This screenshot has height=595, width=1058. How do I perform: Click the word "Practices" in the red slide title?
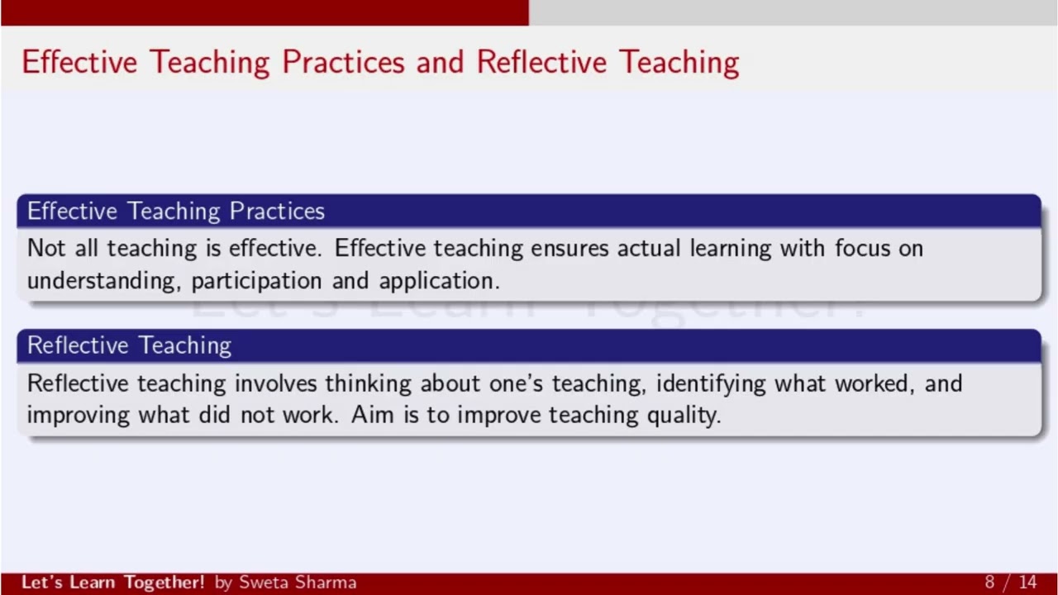coord(344,62)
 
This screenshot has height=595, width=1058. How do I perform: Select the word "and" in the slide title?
coord(440,62)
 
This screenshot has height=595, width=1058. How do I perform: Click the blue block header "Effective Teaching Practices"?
coord(175,212)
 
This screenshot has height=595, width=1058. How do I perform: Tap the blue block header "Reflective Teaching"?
coord(129,345)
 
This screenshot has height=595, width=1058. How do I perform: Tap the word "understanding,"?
coord(104,281)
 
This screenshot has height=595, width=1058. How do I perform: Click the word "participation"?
coord(256,281)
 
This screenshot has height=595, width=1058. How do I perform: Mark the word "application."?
coord(439,281)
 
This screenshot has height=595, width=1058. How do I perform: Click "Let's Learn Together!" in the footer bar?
coord(112,583)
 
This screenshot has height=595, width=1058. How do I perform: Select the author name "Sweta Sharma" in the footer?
coord(298,583)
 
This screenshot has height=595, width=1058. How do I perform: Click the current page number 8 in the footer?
coord(989,583)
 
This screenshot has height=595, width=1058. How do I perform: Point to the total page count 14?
coord(1027,583)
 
